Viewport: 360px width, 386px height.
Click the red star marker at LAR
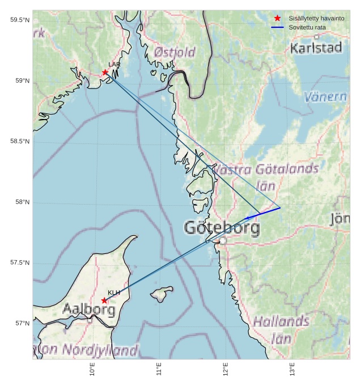[x=105, y=72]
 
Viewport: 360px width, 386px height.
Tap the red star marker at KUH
[x=104, y=300]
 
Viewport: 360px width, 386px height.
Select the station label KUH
[x=114, y=292]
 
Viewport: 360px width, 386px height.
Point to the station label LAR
[x=115, y=65]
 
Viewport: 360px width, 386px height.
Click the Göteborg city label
[x=222, y=228]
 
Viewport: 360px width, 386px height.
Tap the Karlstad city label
[x=316, y=48]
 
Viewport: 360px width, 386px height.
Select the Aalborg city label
[x=88, y=310]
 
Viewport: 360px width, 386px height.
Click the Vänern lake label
[x=325, y=97]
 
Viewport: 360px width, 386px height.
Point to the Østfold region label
[x=175, y=53]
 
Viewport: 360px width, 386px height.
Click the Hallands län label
[x=281, y=330]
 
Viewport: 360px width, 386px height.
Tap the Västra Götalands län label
[x=264, y=177]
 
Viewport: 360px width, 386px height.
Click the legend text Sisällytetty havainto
[x=316, y=18]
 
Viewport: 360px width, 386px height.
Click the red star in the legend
[x=277, y=18]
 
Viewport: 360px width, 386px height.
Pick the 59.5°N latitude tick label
[x=19, y=20]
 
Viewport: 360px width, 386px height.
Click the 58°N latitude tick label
[x=22, y=202]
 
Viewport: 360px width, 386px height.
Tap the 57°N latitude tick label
[x=22, y=324]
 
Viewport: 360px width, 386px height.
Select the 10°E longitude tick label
[x=92, y=370]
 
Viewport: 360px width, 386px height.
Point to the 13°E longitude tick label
[x=292, y=370]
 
